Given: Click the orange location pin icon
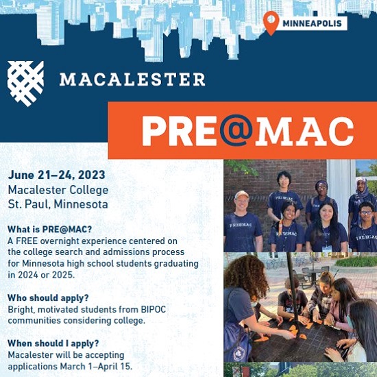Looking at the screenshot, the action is point(271,23).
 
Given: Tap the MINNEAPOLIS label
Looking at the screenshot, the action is point(312,23).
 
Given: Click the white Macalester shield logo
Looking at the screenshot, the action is point(25,84).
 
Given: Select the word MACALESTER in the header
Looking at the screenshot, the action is point(132,80).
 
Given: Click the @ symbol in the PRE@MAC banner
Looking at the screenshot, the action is point(236,130).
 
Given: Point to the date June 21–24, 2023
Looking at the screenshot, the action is point(56,175).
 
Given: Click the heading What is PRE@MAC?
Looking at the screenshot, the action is point(50,229).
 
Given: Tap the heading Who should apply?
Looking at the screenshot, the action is point(48,298).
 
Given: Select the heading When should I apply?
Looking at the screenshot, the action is point(53,343).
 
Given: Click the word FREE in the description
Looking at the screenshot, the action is point(27,241).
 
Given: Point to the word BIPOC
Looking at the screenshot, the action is point(154,309).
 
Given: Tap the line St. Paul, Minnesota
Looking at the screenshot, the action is point(58,204).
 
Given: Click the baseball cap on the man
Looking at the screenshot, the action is point(241,194).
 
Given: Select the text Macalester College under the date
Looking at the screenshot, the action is point(58,190).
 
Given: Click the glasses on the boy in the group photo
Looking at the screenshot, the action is point(366,212).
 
